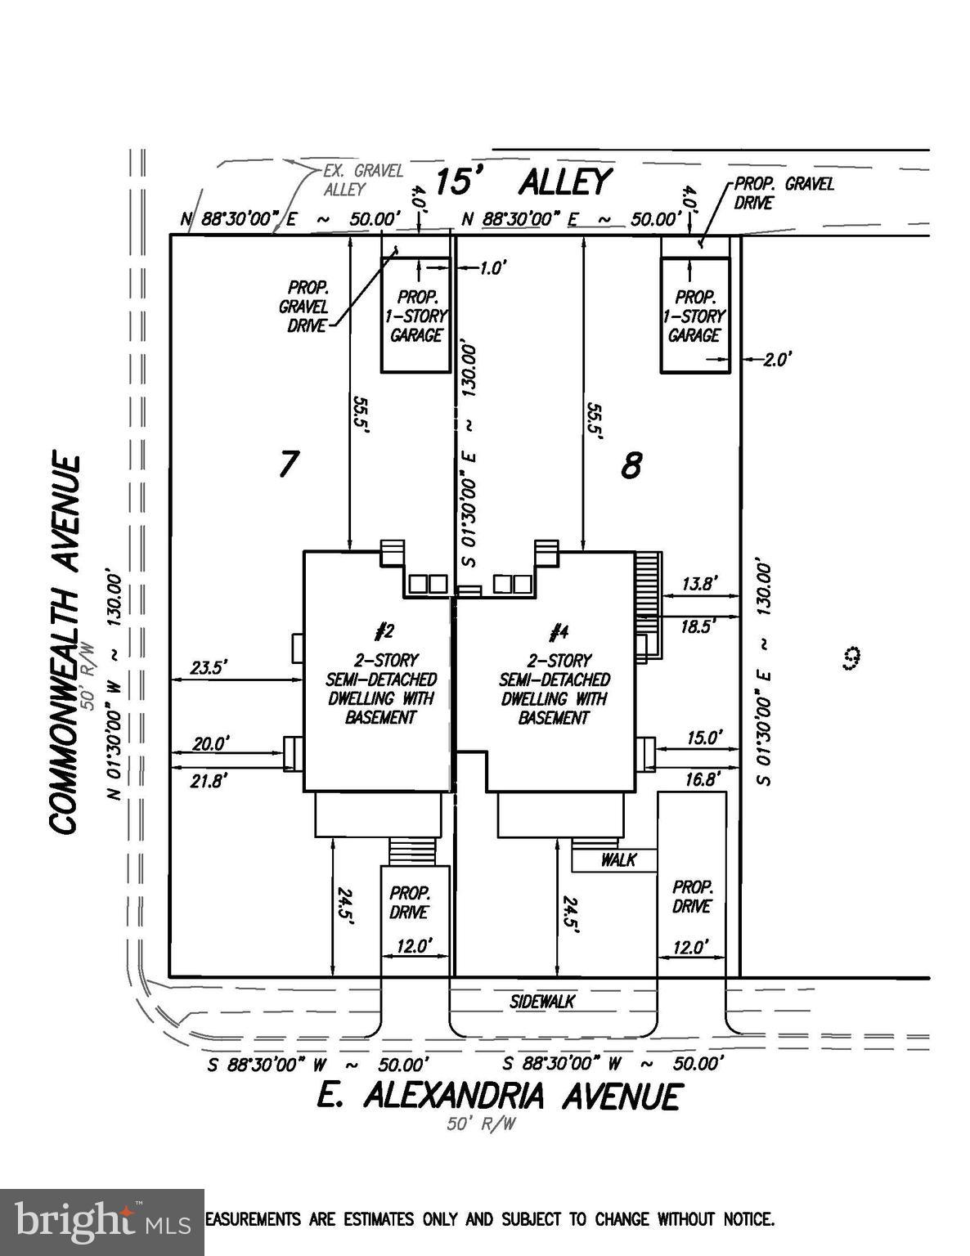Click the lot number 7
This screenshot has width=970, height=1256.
287,464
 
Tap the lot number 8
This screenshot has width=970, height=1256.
631,466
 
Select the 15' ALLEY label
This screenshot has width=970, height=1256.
522,182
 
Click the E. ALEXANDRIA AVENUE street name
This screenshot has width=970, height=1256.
498,1096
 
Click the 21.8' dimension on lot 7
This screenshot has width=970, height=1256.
209,781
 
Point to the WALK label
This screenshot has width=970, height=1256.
617,859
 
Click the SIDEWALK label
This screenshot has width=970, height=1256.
541,1002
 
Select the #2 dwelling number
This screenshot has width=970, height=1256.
384,630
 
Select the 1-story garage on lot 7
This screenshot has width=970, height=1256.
417,315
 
